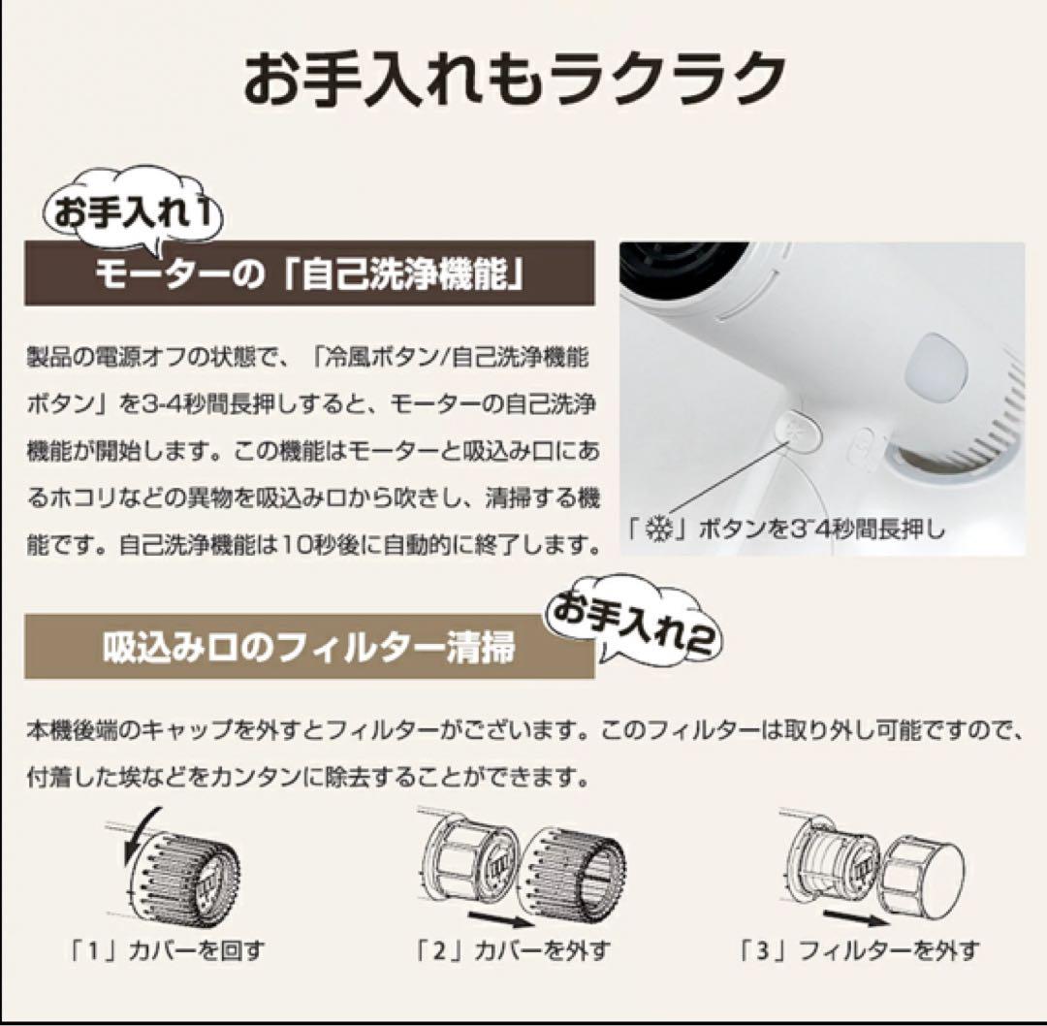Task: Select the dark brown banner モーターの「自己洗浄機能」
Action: (309, 275)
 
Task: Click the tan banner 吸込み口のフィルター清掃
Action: (309, 647)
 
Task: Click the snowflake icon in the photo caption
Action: (658, 530)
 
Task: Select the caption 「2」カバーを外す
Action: (518, 948)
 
